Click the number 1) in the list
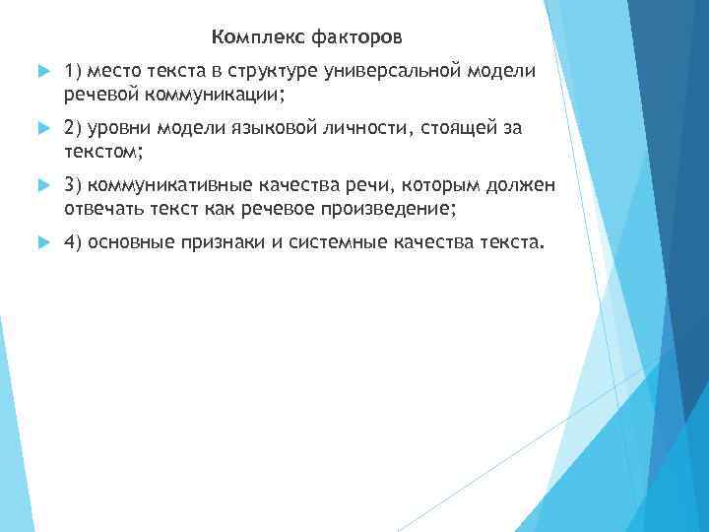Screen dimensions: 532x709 (72, 72)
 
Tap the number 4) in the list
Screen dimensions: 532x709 (72, 242)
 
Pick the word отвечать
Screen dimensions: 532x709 (102, 208)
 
